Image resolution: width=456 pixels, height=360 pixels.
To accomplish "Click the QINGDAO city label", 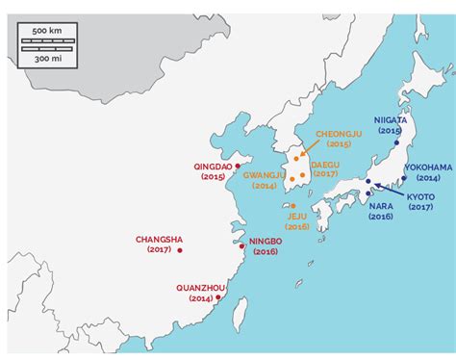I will (213, 167).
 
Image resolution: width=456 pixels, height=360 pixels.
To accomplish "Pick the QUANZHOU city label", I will (201, 287).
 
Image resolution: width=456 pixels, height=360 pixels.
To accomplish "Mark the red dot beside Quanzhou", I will (219, 297).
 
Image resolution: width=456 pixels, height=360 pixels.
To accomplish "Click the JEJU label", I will (297, 216).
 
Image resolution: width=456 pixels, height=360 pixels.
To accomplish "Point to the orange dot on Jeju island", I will (291, 205).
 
